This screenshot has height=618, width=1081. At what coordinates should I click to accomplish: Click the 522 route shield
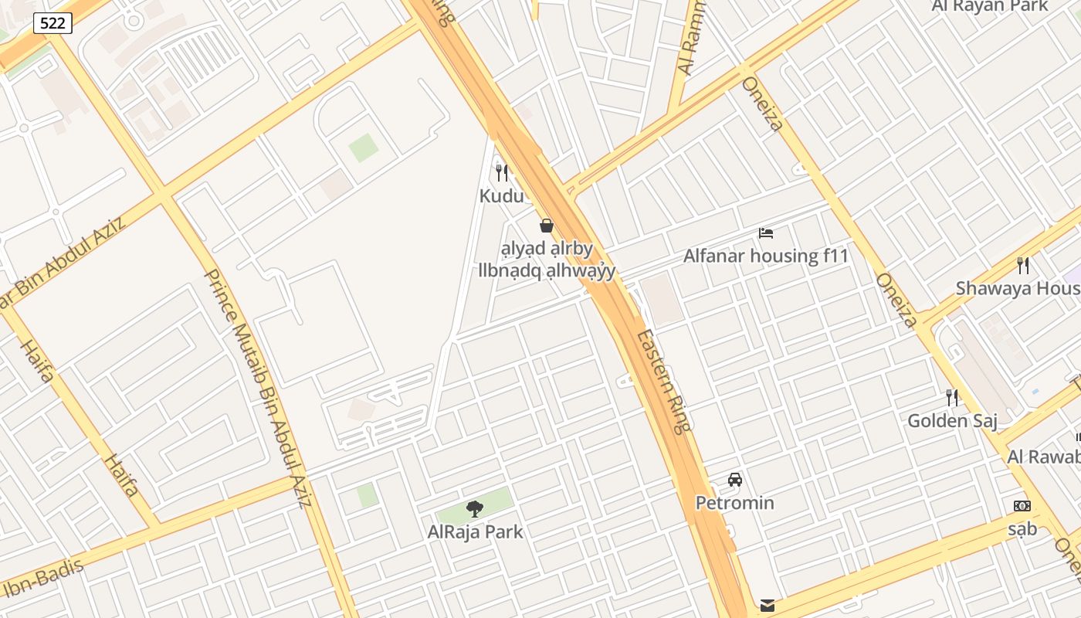pyautogui.click(x=53, y=23)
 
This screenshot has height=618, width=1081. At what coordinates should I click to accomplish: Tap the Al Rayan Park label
pyautogui.click(x=990, y=6)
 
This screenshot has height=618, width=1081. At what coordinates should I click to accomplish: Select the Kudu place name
pyautogui.click(x=501, y=196)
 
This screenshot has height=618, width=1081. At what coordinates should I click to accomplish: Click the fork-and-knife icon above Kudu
pyautogui.click(x=502, y=172)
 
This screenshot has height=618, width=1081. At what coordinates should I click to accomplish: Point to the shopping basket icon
pyautogui.click(x=547, y=226)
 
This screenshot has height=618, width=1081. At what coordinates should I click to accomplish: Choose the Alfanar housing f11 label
pyautogui.click(x=766, y=256)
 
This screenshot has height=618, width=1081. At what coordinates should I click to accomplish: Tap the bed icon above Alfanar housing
pyautogui.click(x=766, y=233)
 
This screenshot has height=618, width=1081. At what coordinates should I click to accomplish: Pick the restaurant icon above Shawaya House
pyautogui.click(x=1023, y=266)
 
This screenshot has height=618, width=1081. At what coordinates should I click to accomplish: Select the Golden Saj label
pyautogui.click(x=952, y=421)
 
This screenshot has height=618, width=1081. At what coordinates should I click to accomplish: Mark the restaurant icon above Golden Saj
pyautogui.click(x=952, y=398)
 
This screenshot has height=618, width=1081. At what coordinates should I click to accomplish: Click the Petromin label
pyautogui.click(x=734, y=503)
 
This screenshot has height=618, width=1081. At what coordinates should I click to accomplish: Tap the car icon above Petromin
pyautogui.click(x=735, y=480)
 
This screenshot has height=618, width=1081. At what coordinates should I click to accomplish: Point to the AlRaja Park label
pyautogui.click(x=475, y=531)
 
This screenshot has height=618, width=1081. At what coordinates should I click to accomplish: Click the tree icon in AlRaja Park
pyautogui.click(x=475, y=508)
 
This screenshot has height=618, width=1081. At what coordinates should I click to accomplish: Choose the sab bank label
pyautogui.click(x=1022, y=529)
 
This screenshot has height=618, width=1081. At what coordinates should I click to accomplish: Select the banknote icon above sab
pyautogui.click(x=1022, y=506)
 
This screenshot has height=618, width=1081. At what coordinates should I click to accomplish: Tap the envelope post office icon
pyautogui.click(x=768, y=604)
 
